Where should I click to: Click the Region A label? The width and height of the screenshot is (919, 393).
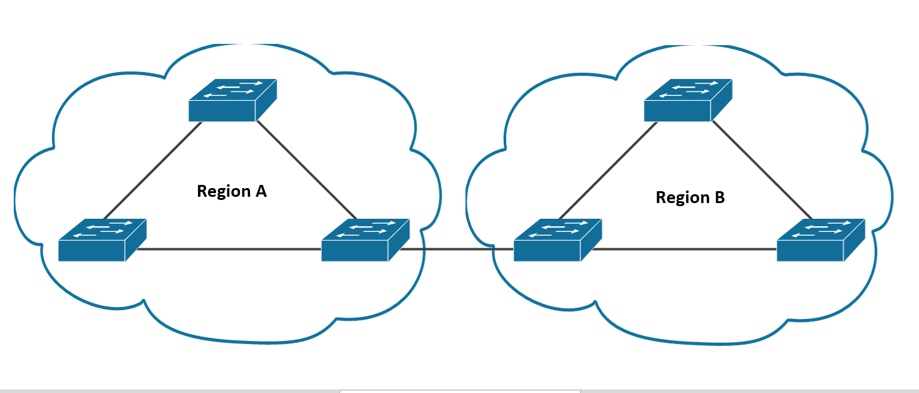point(232,191)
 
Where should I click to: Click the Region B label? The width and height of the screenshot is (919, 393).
point(690,197)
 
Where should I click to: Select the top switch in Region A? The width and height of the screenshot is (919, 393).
point(232,100)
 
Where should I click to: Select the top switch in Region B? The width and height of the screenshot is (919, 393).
point(688,100)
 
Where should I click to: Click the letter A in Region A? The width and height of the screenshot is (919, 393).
point(261,191)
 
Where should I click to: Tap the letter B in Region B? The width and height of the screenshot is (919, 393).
point(719,197)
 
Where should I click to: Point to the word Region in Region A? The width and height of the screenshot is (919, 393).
point(222,192)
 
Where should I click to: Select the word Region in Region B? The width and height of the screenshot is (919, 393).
point(681,198)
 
